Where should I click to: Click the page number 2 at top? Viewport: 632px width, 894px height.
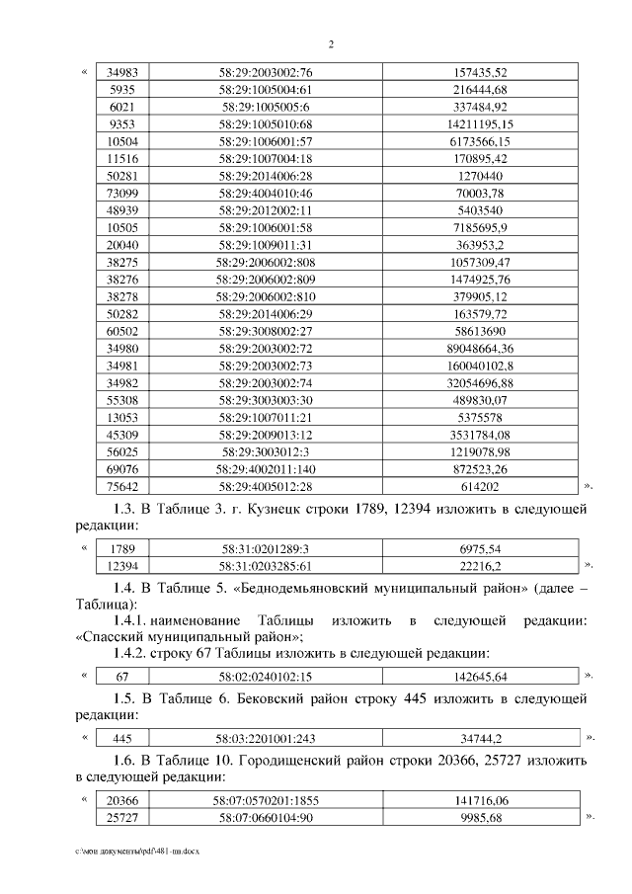pos(331,44)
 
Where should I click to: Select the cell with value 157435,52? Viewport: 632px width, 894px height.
pos(479,73)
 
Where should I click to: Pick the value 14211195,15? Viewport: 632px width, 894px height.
pos(479,123)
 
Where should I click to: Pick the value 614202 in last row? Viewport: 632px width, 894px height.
pos(479,486)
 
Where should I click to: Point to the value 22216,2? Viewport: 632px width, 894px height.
pos(479,565)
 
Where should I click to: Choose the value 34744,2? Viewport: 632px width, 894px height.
pos(479,738)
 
